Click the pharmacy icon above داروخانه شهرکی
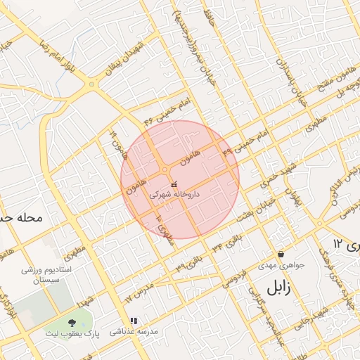(x=174, y=184)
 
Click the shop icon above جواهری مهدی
(x=281, y=255)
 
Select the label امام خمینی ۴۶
(x=167, y=112)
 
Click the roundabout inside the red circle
(x=165, y=170)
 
